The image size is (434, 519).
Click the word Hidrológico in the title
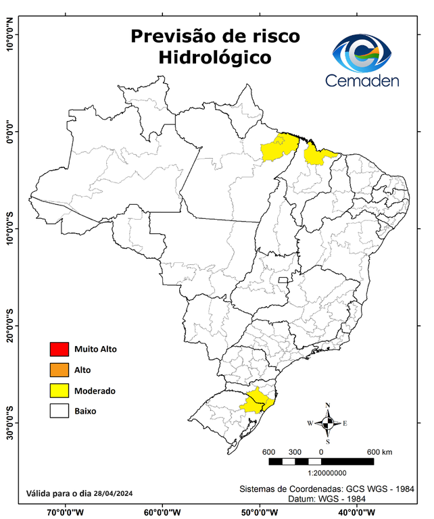[x=214, y=58]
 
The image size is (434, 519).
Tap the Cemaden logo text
[x=362, y=80]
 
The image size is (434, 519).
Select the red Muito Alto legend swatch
[x=59, y=349]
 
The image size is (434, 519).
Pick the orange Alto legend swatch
[x=59, y=370]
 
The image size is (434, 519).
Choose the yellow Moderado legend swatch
[x=59, y=390]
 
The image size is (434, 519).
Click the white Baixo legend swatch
[x=59, y=410]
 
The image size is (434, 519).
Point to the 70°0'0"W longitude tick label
[x=66, y=512]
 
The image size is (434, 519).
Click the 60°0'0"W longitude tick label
[x=162, y=512]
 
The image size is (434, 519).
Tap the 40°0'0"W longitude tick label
[x=356, y=512]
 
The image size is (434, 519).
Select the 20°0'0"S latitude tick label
[x=9, y=326]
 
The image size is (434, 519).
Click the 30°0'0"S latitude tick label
[x=9, y=423]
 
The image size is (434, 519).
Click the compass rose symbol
[x=327, y=423]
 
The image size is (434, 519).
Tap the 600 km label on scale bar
[x=379, y=452]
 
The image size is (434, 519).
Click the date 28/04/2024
[x=113, y=494]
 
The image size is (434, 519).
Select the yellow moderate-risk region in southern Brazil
[x=258, y=401]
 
